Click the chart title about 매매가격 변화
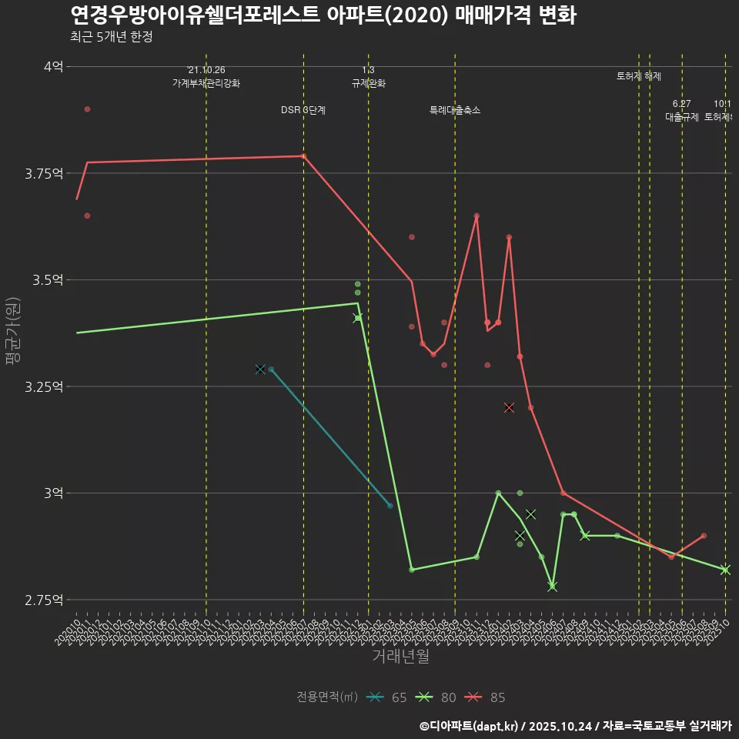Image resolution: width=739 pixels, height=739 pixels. click(323, 15)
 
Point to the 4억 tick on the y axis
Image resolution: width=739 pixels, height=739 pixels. click(53, 66)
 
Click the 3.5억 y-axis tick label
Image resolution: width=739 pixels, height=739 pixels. click(48, 279)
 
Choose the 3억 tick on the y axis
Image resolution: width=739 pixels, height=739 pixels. click(53, 493)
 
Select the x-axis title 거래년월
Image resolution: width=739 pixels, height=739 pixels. click(400, 656)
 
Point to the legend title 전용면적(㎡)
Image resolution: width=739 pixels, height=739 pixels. click(327, 697)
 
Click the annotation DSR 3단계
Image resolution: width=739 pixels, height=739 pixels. click(303, 110)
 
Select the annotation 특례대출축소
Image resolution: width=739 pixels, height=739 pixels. click(455, 110)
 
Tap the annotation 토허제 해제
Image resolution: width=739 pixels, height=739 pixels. click(638, 76)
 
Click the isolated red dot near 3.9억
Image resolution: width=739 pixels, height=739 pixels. click(87, 109)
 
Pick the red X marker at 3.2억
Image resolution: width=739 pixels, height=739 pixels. click(509, 407)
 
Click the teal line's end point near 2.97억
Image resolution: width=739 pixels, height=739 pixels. click(390, 506)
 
